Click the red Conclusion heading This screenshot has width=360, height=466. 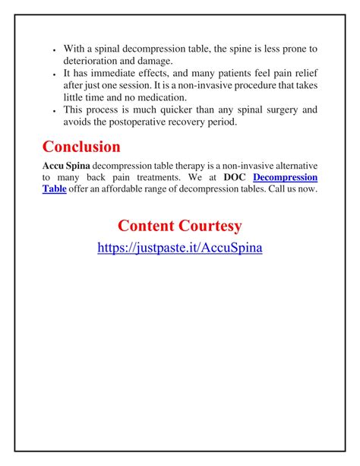[x=81, y=146]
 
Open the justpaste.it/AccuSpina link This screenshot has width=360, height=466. [x=180, y=248]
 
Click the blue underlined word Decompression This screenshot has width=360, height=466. [x=285, y=177]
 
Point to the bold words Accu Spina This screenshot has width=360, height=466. [x=66, y=165]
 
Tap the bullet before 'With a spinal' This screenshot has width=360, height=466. [x=55, y=50]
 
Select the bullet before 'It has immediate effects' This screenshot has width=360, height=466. [x=55, y=75]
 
